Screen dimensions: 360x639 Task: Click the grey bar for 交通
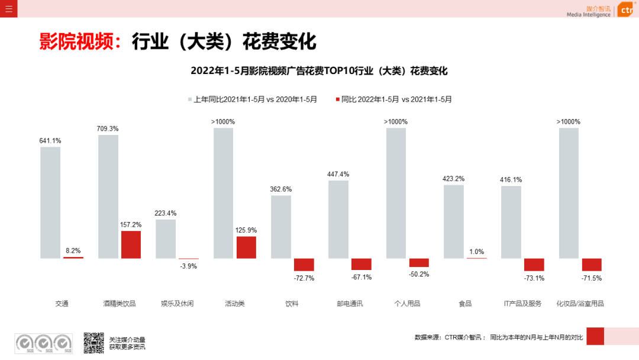50,202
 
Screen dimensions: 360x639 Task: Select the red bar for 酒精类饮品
131,245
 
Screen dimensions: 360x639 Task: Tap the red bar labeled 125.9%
246,247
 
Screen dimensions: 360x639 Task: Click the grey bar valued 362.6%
281,227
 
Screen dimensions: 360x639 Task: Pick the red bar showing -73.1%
534,265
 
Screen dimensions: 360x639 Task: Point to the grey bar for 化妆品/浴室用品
569,193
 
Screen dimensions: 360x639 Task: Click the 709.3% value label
108,128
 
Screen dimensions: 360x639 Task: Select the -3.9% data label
188,266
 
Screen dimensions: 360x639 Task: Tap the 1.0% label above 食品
476,252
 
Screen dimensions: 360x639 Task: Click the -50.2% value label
419,274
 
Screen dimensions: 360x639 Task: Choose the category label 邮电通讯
350,304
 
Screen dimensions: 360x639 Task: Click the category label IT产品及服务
522,304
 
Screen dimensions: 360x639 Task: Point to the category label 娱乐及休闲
177,304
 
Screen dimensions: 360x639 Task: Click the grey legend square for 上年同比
191,99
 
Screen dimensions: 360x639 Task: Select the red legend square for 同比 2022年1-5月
338,99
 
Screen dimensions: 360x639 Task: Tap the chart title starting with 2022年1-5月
319,71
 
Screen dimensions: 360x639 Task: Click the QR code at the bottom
93,343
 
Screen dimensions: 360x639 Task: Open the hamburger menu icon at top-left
8,8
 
